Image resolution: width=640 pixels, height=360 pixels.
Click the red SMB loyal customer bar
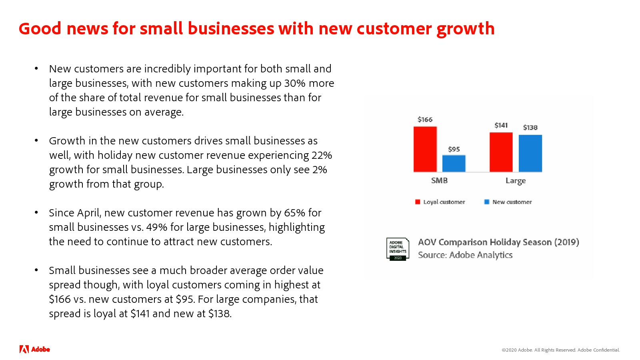[425, 149]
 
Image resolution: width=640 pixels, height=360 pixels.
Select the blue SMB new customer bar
[454, 164]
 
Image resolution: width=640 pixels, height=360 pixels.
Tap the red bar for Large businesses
[501, 152]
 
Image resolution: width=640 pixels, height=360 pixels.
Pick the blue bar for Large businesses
[530, 154]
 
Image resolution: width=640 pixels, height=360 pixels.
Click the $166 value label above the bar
[425, 120]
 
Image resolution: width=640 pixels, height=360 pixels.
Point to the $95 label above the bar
[454, 150]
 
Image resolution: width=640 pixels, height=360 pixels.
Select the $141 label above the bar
[501, 126]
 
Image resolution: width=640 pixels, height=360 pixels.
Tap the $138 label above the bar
[530, 128]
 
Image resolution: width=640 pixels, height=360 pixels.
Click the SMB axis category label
[440, 180]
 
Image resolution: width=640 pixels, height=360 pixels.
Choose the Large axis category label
[516, 181]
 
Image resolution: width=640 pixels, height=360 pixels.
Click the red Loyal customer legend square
[418, 202]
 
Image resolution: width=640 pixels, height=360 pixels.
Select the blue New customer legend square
[487, 202]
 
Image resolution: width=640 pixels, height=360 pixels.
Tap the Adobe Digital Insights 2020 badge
[398, 249]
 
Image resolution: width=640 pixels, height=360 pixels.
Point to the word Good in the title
[40, 28]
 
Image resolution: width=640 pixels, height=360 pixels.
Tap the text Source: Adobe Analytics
[465, 255]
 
